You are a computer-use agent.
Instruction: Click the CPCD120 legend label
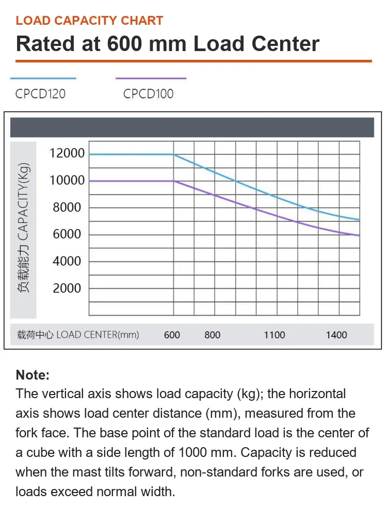click(40, 94)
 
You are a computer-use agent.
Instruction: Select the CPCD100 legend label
click(148, 94)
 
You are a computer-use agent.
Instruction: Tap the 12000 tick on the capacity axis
click(67, 153)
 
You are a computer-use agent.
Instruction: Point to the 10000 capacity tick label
click(67, 181)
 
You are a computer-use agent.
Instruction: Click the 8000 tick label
click(67, 207)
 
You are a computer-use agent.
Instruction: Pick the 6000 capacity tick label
click(67, 234)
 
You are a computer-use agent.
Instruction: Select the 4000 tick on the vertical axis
click(67, 261)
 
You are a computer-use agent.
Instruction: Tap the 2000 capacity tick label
click(67, 288)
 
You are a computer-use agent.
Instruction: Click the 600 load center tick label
click(172, 335)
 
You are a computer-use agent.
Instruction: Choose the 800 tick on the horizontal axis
click(213, 335)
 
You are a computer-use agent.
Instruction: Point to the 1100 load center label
click(275, 335)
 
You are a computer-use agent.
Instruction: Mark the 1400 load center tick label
click(336, 335)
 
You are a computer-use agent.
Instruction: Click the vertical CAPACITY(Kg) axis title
click(23, 227)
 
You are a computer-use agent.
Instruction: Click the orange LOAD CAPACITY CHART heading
click(89, 21)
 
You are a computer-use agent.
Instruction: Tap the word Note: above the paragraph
click(33, 375)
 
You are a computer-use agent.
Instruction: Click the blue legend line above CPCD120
click(43, 78)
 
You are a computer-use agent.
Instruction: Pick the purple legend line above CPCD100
click(151, 78)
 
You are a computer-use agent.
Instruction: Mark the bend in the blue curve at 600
click(173, 154)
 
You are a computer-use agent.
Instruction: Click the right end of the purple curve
click(359, 235)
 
